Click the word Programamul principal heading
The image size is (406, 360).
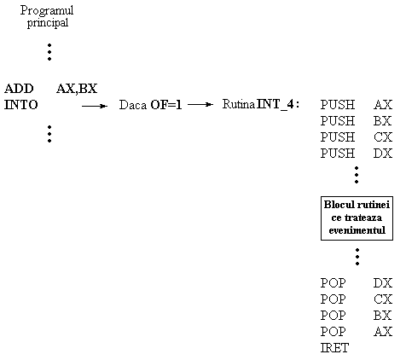click(x=47, y=16)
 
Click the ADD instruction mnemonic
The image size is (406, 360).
click(x=19, y=89)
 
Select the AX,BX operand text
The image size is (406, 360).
click(x=77, y=89)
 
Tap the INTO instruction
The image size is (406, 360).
click(x=20, y=105)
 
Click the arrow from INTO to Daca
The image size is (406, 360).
click(x=95, y=106)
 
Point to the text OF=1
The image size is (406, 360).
click(x=166, y=105)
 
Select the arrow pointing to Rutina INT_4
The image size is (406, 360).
click(x=200, y=105)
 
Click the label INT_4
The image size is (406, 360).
click(x=275, y=104)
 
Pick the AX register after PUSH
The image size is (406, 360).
click(x=383, y=105)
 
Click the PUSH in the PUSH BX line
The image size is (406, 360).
click(x=338, y=121)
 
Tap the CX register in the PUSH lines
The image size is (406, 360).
click(x=383, y=137)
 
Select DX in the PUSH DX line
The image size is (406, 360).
click(x=383, y=154)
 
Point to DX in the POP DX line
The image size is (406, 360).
click(x=383, y=283)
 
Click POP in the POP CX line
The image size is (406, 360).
click(x=333, y=299)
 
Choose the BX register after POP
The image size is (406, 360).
click(x=383, y=316)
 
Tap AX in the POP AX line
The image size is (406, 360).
click(x=383, y=332)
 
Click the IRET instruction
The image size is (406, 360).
click(x=334, y=348)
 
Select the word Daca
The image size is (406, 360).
click(x=133, y=105)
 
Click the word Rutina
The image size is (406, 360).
click(x=239, y=104)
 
